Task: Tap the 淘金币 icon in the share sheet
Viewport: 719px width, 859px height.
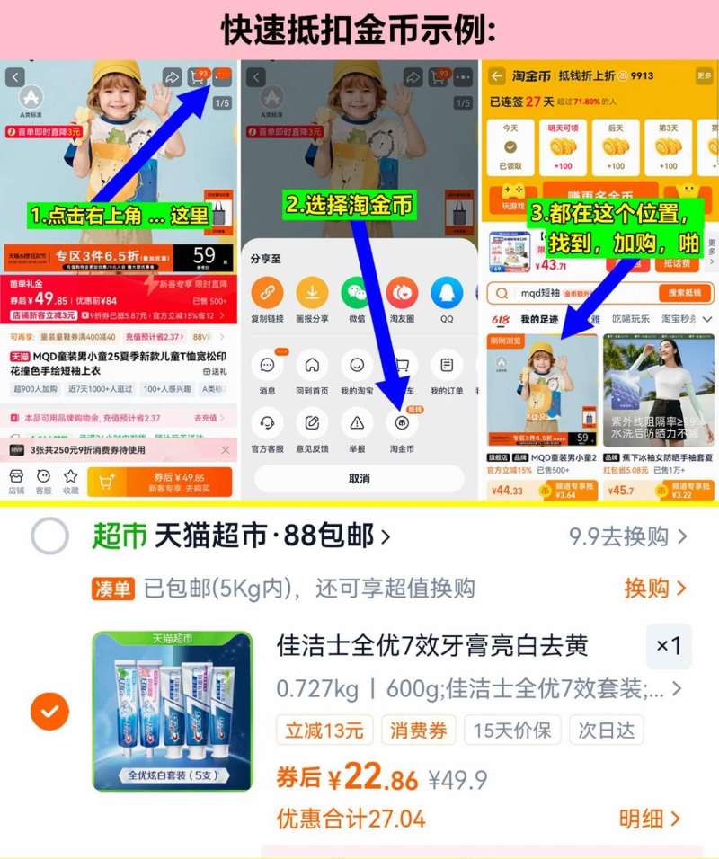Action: (x=401, y=422)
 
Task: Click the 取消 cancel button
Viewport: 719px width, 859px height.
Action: (x=359, y=478)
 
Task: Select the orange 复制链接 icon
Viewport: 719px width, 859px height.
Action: (x=267, y=292)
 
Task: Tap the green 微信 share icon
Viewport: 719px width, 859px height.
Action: (x=356, y=292)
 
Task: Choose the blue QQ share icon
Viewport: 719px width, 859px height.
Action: (x=447, y=292)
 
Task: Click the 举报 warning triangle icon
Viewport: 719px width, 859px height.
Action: (x=357, y=422)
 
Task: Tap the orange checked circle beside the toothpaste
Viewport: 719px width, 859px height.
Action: (x=49, y=712)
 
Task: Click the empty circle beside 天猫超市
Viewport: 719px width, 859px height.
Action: (x=49, y=537)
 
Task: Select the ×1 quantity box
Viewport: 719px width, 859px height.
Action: (x=669, y=646)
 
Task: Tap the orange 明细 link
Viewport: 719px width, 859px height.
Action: (x=650, y=819)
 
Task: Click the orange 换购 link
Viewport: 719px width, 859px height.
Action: (x=655, y=589)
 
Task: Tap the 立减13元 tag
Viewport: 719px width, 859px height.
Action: (x=324, y=730)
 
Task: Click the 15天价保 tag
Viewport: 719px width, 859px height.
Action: (x=512, y=730)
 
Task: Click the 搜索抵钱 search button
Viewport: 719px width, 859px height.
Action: (x=685, y=293)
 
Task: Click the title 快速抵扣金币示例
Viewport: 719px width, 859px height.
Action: (x=359, y=30)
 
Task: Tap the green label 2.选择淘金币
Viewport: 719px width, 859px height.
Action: (x=349, y=205)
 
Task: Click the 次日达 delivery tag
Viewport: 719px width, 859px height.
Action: (x=606, y=730)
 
